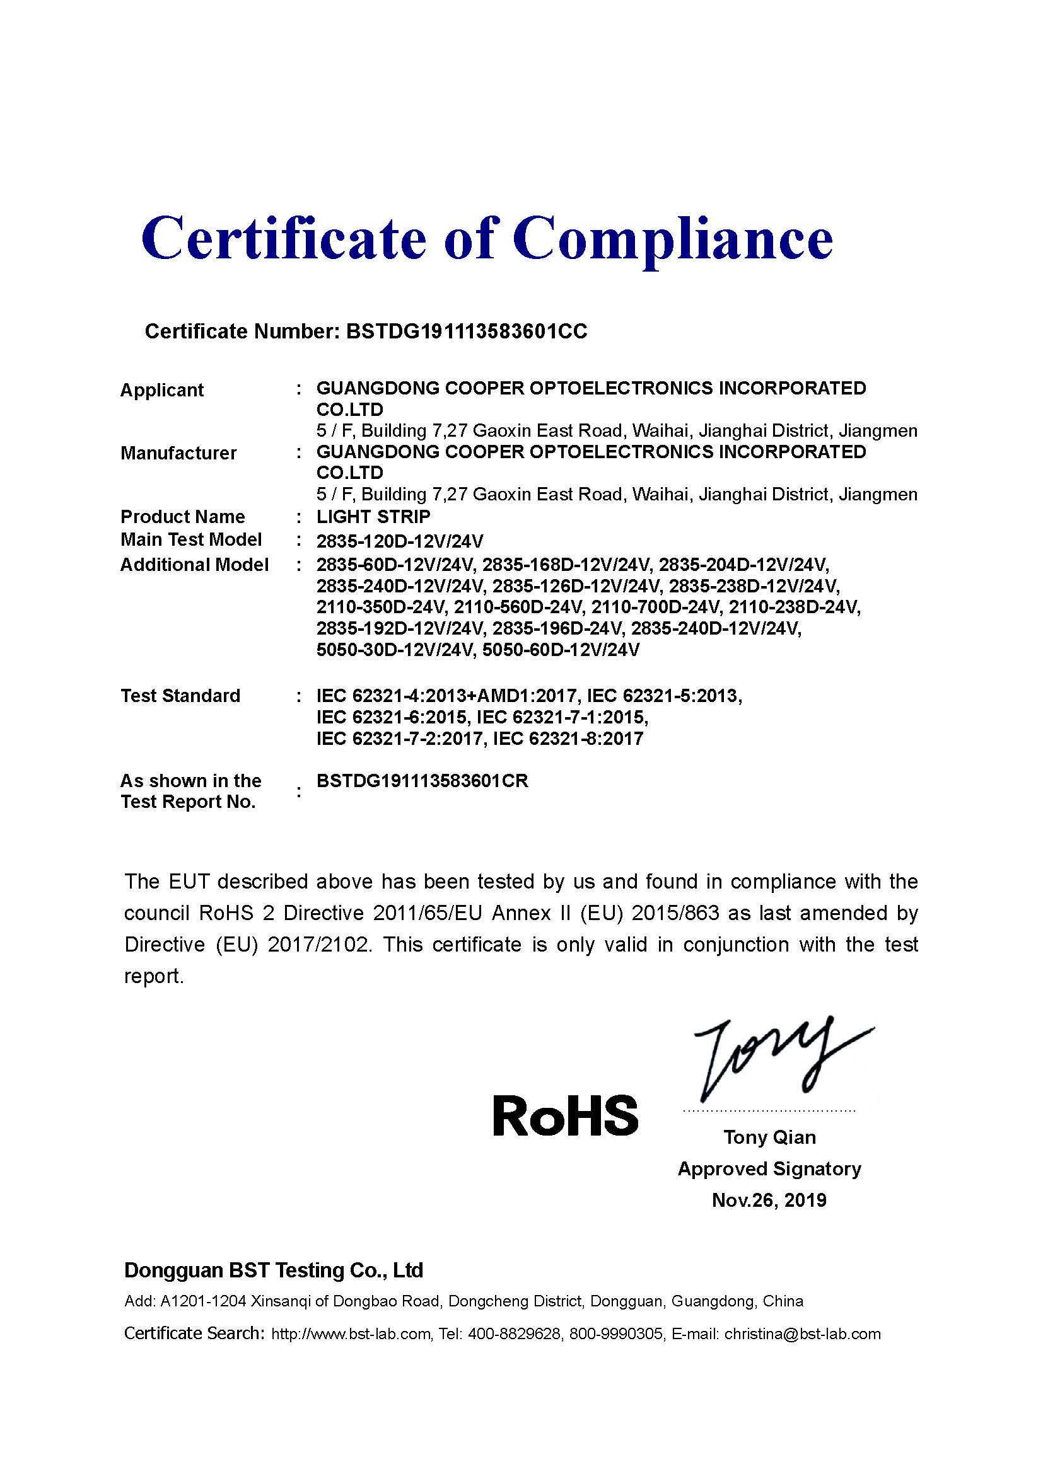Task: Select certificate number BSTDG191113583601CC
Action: (x=466, y=331)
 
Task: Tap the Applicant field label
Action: (x=162, y=390)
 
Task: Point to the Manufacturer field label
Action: (x=178, y=453)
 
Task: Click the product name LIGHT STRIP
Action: (x=373, y=517)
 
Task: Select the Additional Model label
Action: (x=195, y=565)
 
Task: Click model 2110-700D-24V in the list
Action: (x=657, y=607)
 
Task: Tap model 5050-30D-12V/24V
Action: (x=395, y=650)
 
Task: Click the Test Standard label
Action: (x=180, y=696)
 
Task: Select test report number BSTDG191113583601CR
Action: (x=422, y=781)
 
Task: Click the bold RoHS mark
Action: (x=565, y=1115)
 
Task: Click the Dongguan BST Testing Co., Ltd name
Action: (x=274, y=1270)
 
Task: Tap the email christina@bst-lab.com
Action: (x=802, y=1334)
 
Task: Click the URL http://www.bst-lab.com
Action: (x=351, y=1334)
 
